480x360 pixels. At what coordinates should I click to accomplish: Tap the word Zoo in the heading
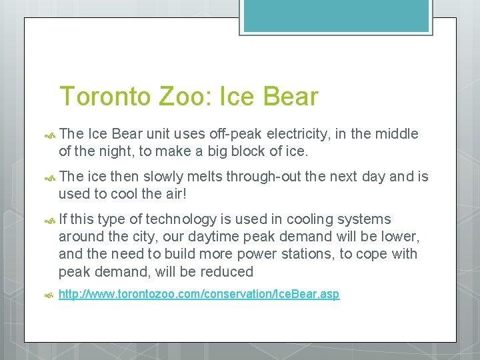(x=183, y=97)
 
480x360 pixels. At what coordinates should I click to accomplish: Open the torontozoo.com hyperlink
(x=199, y=294)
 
